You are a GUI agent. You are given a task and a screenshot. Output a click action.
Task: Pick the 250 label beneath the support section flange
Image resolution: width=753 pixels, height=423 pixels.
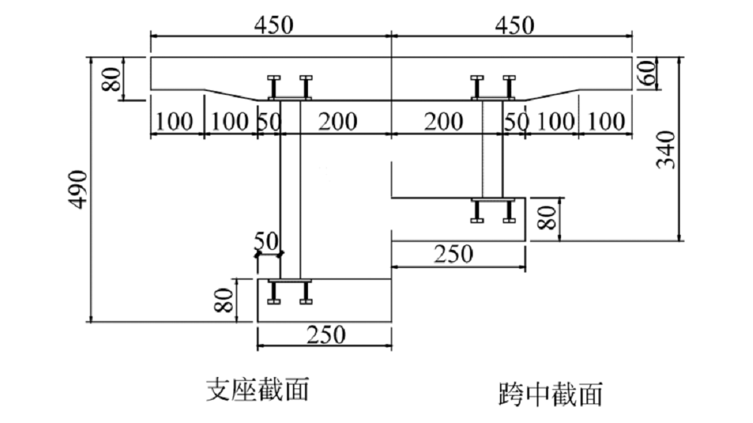coord(325,334)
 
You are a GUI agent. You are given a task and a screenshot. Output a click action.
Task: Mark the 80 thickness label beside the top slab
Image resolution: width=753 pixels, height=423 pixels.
coord(112,78)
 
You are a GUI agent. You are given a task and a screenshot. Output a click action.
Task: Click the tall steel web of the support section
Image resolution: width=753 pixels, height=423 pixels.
coord(290,188)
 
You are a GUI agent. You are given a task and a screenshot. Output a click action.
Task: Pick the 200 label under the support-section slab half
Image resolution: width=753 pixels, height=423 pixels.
coord(337,120)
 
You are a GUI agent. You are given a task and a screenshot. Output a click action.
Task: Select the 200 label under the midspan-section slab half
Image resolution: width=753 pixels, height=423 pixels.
coord(444,120)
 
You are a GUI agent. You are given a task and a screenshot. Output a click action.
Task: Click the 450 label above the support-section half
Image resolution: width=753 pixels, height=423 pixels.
coord(272,24)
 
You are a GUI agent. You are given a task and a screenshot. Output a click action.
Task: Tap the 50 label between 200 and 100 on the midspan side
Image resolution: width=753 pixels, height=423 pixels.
coord(516,120)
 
